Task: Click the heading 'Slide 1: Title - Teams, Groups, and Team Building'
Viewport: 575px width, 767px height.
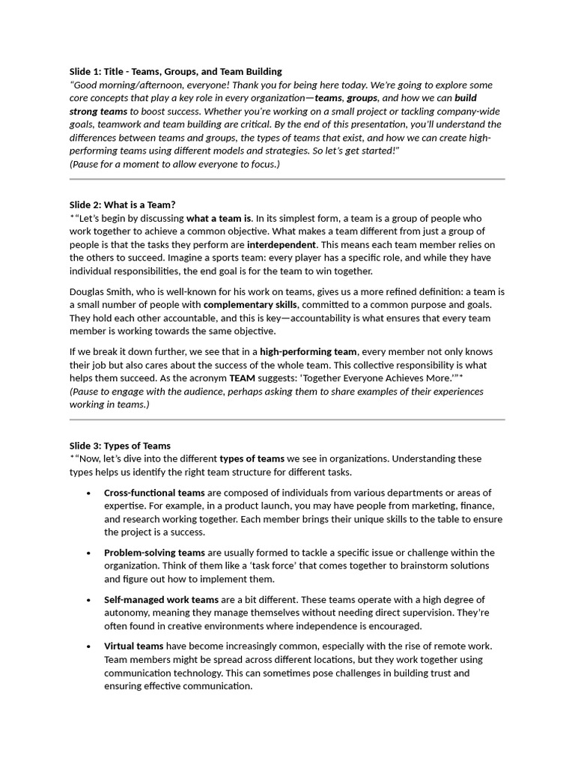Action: tap(176, 72)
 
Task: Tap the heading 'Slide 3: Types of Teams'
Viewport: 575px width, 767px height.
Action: tap(121, 446)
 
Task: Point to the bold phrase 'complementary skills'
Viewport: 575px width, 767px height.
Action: tap(251, 305)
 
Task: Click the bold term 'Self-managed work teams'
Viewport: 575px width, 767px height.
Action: tap(161, 600)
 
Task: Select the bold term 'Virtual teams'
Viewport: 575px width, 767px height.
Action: tap(133, 646)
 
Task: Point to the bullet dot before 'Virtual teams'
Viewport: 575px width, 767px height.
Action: tap(89, 646)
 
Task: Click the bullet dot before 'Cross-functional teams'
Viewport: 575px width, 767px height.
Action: tap(89, 493)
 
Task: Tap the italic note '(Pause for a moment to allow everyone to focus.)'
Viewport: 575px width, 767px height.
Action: tap(175, 164)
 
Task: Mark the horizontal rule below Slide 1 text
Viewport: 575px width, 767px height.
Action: tap(287, 180)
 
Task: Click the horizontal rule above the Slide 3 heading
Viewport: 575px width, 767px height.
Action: tap(287, 419)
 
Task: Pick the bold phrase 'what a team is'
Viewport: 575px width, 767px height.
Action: tap(219, 218)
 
